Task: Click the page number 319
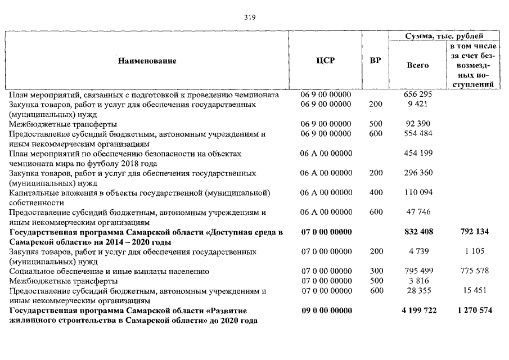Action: coord(250,17)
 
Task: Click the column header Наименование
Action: coord(147,61)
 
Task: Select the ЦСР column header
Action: coord(326,61)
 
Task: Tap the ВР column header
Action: coord(375,61)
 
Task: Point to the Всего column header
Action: coord(417,65)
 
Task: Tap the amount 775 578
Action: coord(474,271)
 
